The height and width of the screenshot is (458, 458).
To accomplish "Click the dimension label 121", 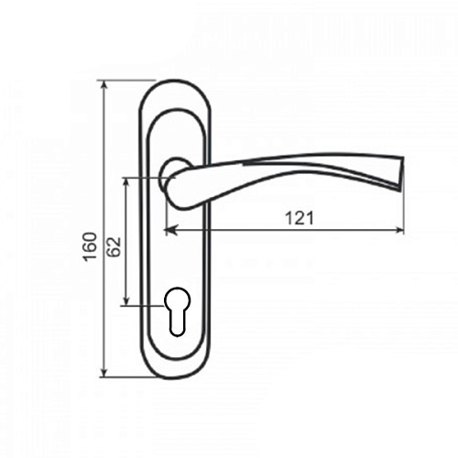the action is (x=300, y=218).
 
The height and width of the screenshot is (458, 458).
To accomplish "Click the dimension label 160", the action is (x=91, y=246).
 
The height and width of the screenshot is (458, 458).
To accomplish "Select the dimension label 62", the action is (x=114, y=246).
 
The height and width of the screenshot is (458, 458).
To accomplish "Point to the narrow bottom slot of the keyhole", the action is (x=177, y=324).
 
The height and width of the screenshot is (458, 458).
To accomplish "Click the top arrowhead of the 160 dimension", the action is (x=104, y=84).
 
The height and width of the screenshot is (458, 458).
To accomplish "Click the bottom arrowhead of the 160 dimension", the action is (x=104, y=373).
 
